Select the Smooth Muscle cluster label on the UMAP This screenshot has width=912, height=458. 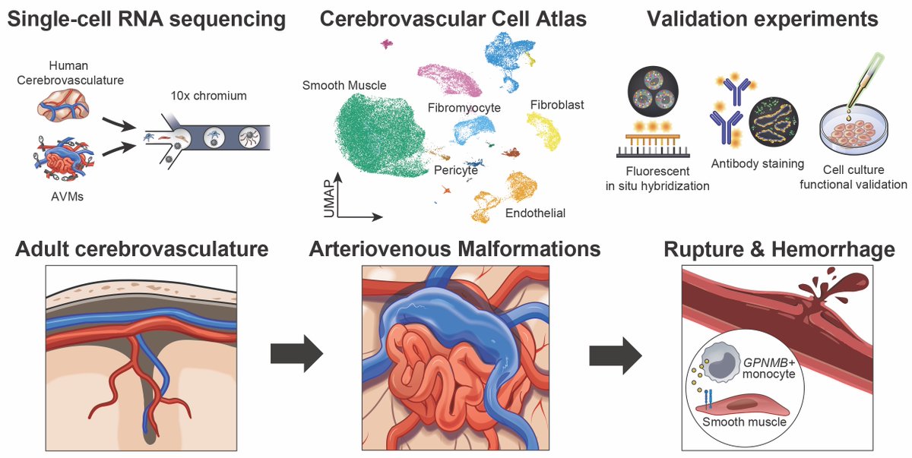344,86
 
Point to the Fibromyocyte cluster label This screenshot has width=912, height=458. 464,108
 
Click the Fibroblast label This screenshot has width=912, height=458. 558,105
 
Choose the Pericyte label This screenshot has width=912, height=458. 455,170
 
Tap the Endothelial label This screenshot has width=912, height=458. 535,213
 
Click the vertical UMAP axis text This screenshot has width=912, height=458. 328,199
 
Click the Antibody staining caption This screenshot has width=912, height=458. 757,163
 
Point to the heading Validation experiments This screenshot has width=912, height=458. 763,19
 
